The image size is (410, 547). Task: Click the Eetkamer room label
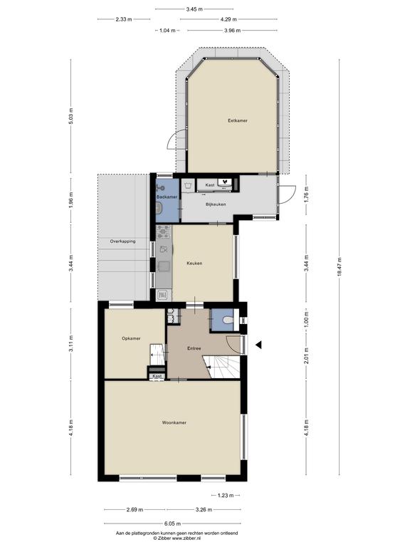pyautogui.click(x=238, y=120)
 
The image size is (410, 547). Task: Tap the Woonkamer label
pyautogui.click(x=174, y=422)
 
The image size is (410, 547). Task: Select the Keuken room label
pyautogui.click(x=194, y=264)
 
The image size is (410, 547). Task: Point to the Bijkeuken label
pyautogui.click(x=216, y=204)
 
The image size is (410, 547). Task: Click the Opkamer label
pyautogui.click(x=131, y=338)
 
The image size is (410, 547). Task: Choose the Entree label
pyautogui.click(x=194, y=348)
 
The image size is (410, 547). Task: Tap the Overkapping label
pyautogui.click(x=122, y=241)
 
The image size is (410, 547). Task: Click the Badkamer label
pyautogui.click(x=167, y=197)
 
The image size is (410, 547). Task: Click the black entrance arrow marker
pyautogui.click(x=258, y=345)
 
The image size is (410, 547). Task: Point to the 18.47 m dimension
pyautogui.click(x=340, y=267)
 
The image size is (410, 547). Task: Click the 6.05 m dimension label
pyautogui.click(x=172, y=523)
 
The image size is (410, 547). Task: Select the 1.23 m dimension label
pyautogui.click(x=226, y=496)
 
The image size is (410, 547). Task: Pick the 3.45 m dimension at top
pyautogui.click(x=194, y=9)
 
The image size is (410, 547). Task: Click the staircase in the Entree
pyautogui.click(x=224, y=366)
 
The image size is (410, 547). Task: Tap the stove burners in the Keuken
pyautogui.click(x=163, y=231)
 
